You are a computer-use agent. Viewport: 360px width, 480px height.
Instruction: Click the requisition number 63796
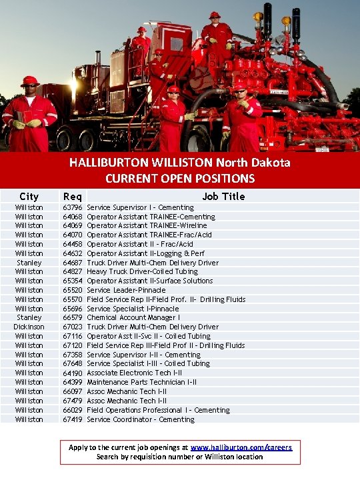click(x=72, y=207)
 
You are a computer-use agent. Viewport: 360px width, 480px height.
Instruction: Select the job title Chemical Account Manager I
click(x=133, y=317)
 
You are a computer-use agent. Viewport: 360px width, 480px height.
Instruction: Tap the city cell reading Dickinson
click(x=29, y=327)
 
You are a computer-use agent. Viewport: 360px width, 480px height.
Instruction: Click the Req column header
click(x=72, y=196)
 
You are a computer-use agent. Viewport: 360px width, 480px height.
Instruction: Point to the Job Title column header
click(x=224, y=196)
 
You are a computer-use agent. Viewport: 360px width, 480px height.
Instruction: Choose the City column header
click(x=29, y=196)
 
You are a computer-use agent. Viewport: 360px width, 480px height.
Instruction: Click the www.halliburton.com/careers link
click(x=241, y=447)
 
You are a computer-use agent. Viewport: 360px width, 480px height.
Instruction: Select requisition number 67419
click(x=72, y=419)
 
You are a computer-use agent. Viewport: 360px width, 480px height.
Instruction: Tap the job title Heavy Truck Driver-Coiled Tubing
click(x=142, y=271)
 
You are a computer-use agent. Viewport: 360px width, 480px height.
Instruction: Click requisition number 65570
click(x=72, y=299)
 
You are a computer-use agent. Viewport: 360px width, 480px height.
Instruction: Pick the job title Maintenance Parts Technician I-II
click(x=141, y=382)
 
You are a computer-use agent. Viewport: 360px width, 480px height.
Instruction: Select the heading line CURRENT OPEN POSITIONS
click(x=180, y=178)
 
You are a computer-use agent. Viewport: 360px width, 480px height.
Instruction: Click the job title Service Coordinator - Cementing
click(x=141, y=419)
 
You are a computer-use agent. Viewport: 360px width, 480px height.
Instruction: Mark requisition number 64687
click(x=72, y=263)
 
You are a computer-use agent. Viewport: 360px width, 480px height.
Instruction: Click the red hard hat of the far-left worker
click(x=29, y=81)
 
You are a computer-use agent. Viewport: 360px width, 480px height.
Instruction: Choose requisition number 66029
click(x=72, y=410)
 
